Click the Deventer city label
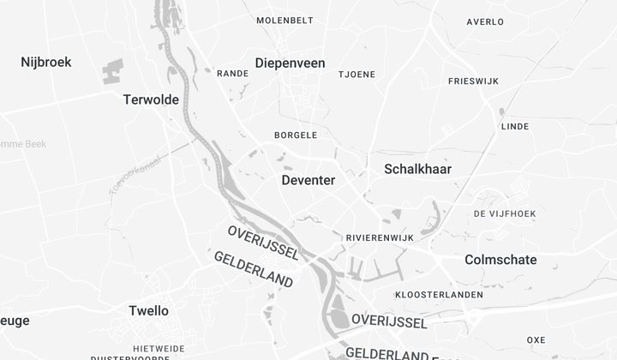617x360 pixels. (x=308, y=180)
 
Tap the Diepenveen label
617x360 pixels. (x=291, y=63)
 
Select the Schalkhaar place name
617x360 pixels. (x=418, y=169)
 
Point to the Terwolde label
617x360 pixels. (x=151, y=99)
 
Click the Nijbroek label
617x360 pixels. (x=46, y=62)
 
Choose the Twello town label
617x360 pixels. (x=148, y=310)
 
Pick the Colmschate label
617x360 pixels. (x=500, y=260)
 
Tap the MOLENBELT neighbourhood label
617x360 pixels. (x=285, y=21)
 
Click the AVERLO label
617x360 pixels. (x=485, y=22)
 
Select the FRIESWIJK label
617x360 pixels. (x=474, y=81)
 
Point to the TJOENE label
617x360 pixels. (x=356, y=75)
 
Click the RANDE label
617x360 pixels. (x=232, y=74)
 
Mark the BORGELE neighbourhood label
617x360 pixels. (x=296, y=135)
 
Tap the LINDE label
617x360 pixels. (x=514, y=126)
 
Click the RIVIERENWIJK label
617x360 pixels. (x=380, y=237)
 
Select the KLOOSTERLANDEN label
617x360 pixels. (x=440, y=295)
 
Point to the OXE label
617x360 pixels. (x=536, y=340)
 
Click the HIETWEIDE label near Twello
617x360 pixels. (x=159, y=349)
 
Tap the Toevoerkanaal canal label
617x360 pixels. (x=135, y=174)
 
